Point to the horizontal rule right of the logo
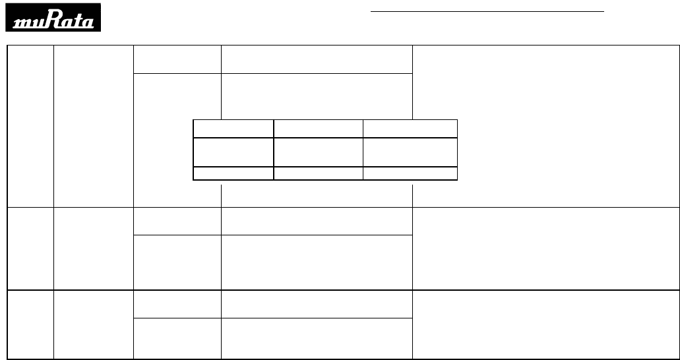[x=487, y=11]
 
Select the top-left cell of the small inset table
[x=233, y=129]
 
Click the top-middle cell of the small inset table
[x=318, y=129]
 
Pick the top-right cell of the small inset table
[x=410, y=129]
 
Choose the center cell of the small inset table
[x=318, y=152]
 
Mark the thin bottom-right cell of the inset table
[x=410, y=173]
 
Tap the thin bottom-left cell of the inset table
[x=233, y=173]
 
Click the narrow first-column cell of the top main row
[x=30, y=126]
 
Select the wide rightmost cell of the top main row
[x=545, y=126]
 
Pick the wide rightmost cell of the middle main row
[x=545, y=248]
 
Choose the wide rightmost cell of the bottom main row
[x=545, y=324]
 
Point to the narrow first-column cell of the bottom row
[x=30, y=324]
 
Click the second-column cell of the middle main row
[x=93, y=248]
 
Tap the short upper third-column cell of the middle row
[x=177, y=220]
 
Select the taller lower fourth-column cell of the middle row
[x=316, y=262]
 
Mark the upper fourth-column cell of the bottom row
[x=316, y=303]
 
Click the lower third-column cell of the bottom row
[x=177, y=338]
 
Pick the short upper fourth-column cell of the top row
[x=316, y=60]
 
